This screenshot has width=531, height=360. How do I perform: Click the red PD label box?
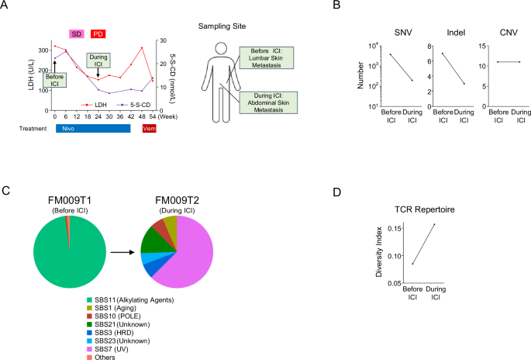point(98,33)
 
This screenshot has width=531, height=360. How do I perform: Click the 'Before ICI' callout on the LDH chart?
point(56,79)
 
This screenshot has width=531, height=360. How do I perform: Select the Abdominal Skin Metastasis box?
point(267,100)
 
